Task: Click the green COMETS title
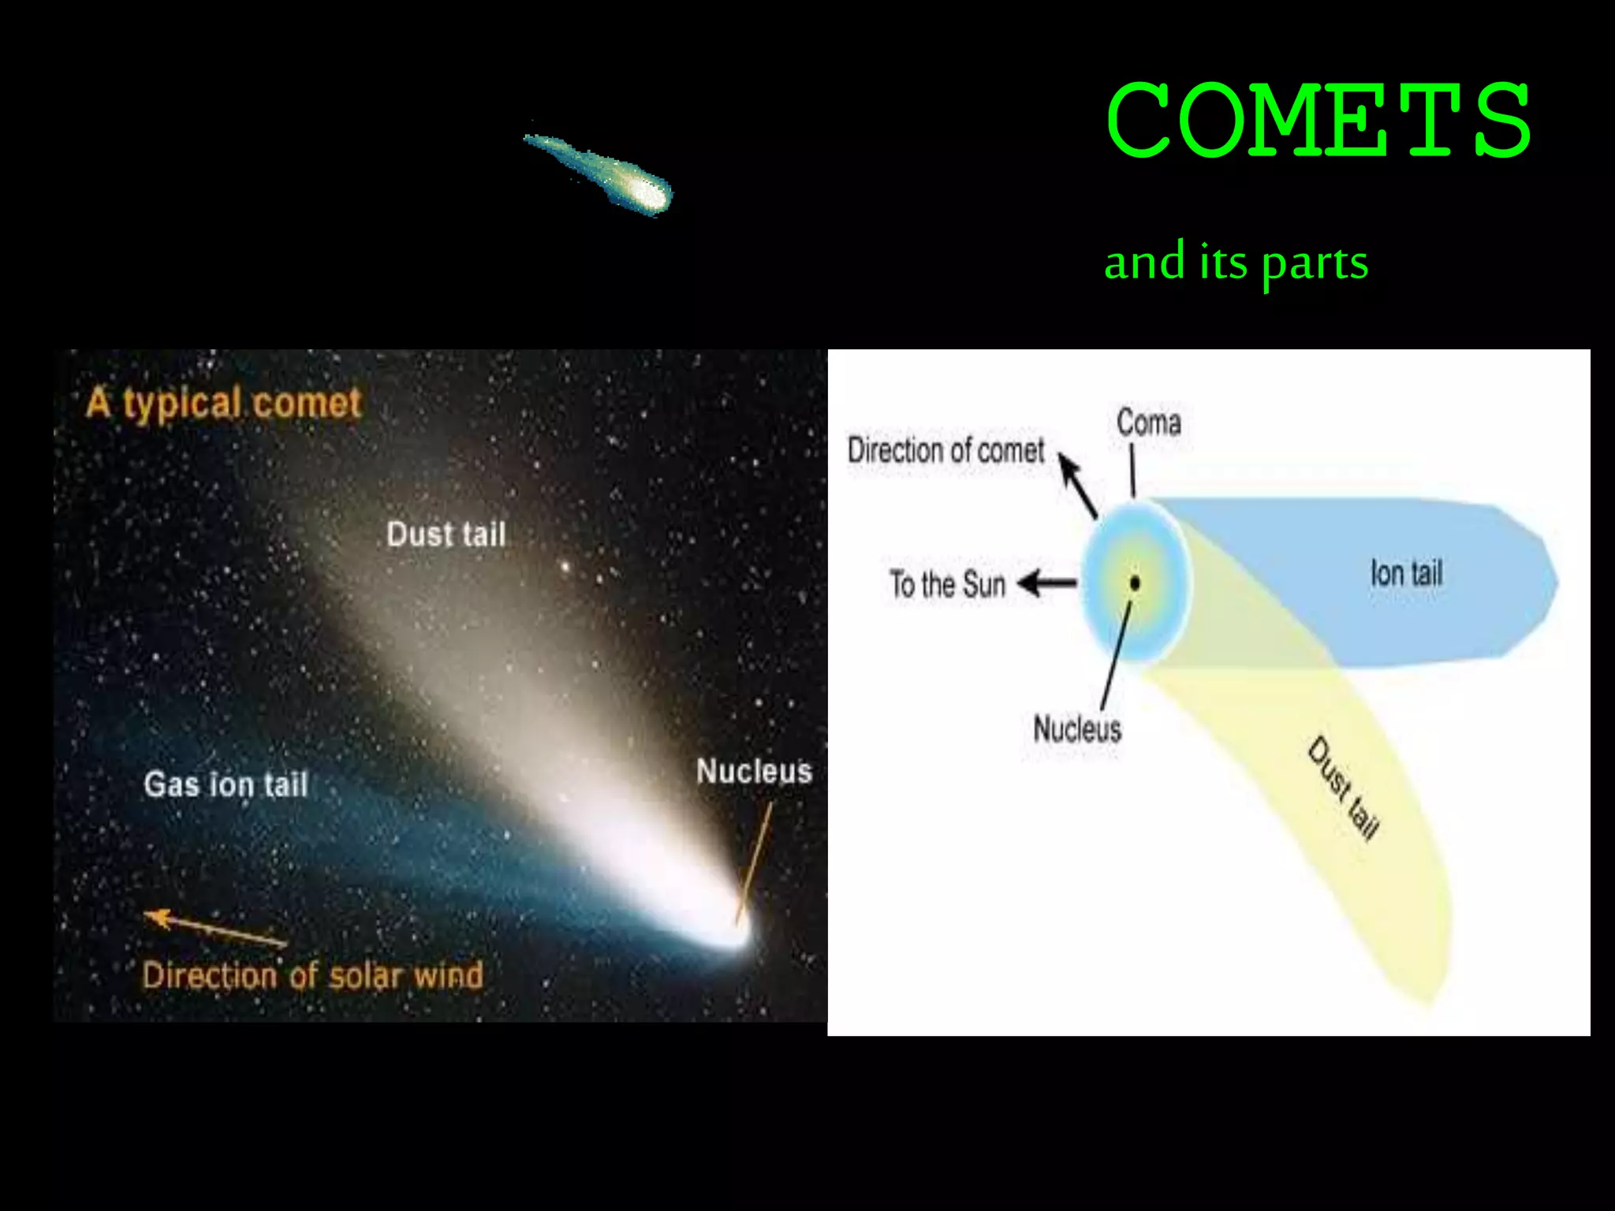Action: pyautogui.click(x=1318, y=120)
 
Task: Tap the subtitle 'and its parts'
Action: pyautogui.click(x=1236, y=263)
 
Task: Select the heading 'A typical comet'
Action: pyautogui.click(x=223, y=404)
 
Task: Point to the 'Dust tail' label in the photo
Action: pyautogui.click(x=446, y=535)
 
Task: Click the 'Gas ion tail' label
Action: pyautogui.click(x=226, y=784)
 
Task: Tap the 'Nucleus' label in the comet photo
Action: pyautogui.click(x=753, y=771)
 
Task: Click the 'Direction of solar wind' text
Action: pyautogui.click(x=312, y=976)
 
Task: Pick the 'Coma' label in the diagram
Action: pyautogui.click(x=1148, y=423)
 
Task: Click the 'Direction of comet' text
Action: pyautogui.click(x=946, y=451)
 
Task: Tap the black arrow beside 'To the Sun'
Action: pyautogui.click(x=1047, y=584)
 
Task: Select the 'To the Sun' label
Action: pyautogui.click(x=947, y=585)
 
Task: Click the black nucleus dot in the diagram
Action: pyautogui.click(x=1135, y=583)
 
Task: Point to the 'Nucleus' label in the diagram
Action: pyautogui.click(x=1076, y=729)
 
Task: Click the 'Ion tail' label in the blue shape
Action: pyautogui.click(x=1406, y=573)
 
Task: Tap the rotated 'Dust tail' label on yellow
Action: pyautogui.click(x=1343, y=788)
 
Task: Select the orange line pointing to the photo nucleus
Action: pyautogui.click(x=755, y=863)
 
